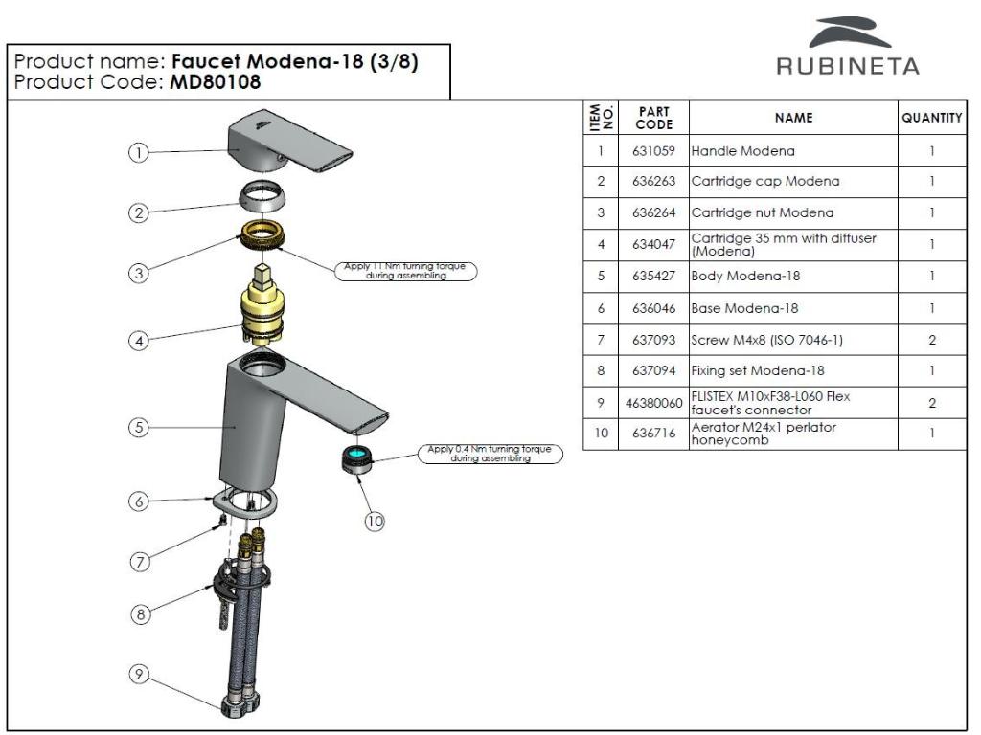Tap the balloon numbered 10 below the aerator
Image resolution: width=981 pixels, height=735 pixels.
point(375,520)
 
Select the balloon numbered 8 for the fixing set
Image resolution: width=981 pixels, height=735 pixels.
point(140,615)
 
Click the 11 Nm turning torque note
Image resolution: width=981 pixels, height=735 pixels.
point(404,271)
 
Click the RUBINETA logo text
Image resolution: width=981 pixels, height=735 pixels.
point(848,68)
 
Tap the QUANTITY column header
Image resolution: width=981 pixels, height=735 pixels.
point(931,118)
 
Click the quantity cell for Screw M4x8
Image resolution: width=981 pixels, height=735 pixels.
point(931,341)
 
